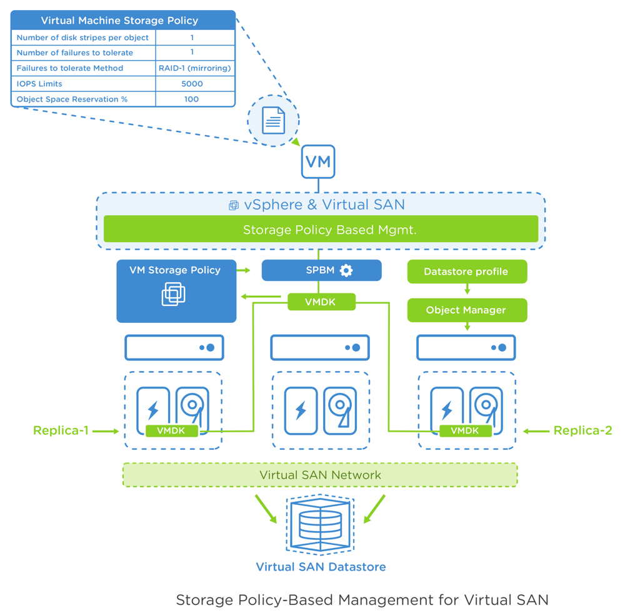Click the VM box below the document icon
319,161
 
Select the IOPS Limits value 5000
191,84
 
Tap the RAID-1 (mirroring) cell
195,68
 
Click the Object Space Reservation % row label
72,99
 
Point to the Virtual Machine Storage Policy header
119,21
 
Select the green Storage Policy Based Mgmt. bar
321,230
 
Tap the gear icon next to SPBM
346,270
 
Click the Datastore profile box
466,272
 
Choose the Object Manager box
466,310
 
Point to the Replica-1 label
61,430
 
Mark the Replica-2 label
583,430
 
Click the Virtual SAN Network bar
320,475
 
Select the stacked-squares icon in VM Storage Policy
173,293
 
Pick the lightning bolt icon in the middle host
300,410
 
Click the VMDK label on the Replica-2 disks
465,430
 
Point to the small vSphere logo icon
234,205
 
